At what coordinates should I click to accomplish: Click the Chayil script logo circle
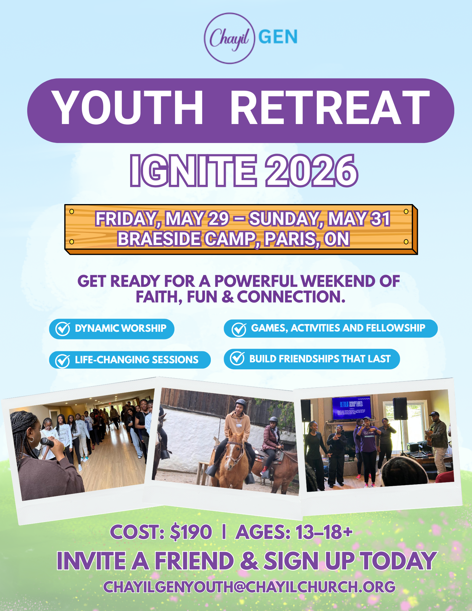coord(229,38)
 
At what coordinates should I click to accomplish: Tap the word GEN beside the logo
coord(278,37)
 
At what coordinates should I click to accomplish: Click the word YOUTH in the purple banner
coord(127,108)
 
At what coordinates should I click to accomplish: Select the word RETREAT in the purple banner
coord(330,108)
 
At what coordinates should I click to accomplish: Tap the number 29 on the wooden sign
coord(218,219)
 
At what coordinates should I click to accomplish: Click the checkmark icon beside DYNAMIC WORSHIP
coord(63,329)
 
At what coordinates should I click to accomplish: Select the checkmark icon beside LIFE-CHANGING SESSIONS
coord(62,360)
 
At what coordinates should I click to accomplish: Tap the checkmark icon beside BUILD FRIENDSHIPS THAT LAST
coord(237,358)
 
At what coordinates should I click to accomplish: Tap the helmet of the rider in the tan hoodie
coord(241,403)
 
